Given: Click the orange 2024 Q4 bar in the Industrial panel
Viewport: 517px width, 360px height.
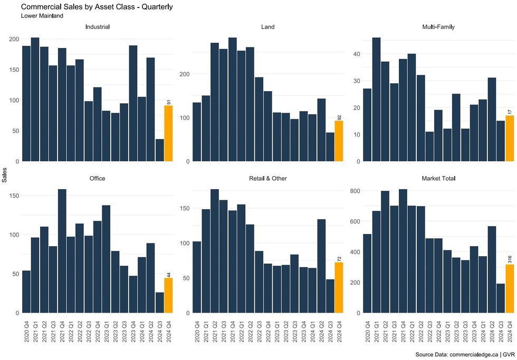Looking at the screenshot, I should pos(168,133).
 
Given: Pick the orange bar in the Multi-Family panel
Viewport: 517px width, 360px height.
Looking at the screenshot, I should pos(509,138).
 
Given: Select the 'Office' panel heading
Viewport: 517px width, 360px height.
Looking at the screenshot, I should pos(98,179).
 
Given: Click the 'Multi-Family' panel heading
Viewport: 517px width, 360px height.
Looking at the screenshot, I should pos(438,27).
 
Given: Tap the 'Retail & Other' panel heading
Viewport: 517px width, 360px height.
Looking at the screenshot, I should pos(267,179).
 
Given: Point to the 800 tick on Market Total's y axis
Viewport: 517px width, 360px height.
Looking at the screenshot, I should pos(355,190).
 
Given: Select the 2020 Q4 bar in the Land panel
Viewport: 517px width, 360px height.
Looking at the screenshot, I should pos(197,132).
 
